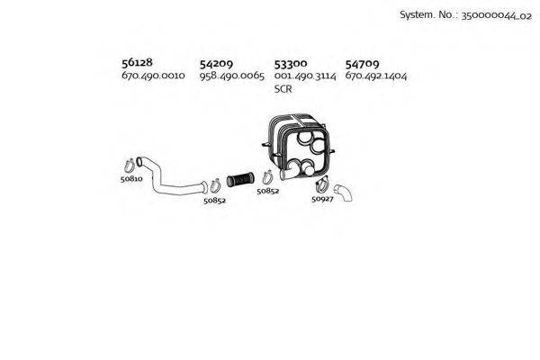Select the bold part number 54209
click(216, 64)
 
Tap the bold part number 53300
click(291, 64)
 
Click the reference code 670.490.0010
click(152, 76)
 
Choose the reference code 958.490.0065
click(231, 76)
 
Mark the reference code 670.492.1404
click(376, 76)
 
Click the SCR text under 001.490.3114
click(283, 90)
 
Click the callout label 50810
click(131, 179)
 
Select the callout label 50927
click(323, 199)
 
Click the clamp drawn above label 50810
click(130, 165)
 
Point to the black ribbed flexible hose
click(241, 178)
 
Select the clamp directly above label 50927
click(322, 187)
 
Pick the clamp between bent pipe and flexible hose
click(213, 185)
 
